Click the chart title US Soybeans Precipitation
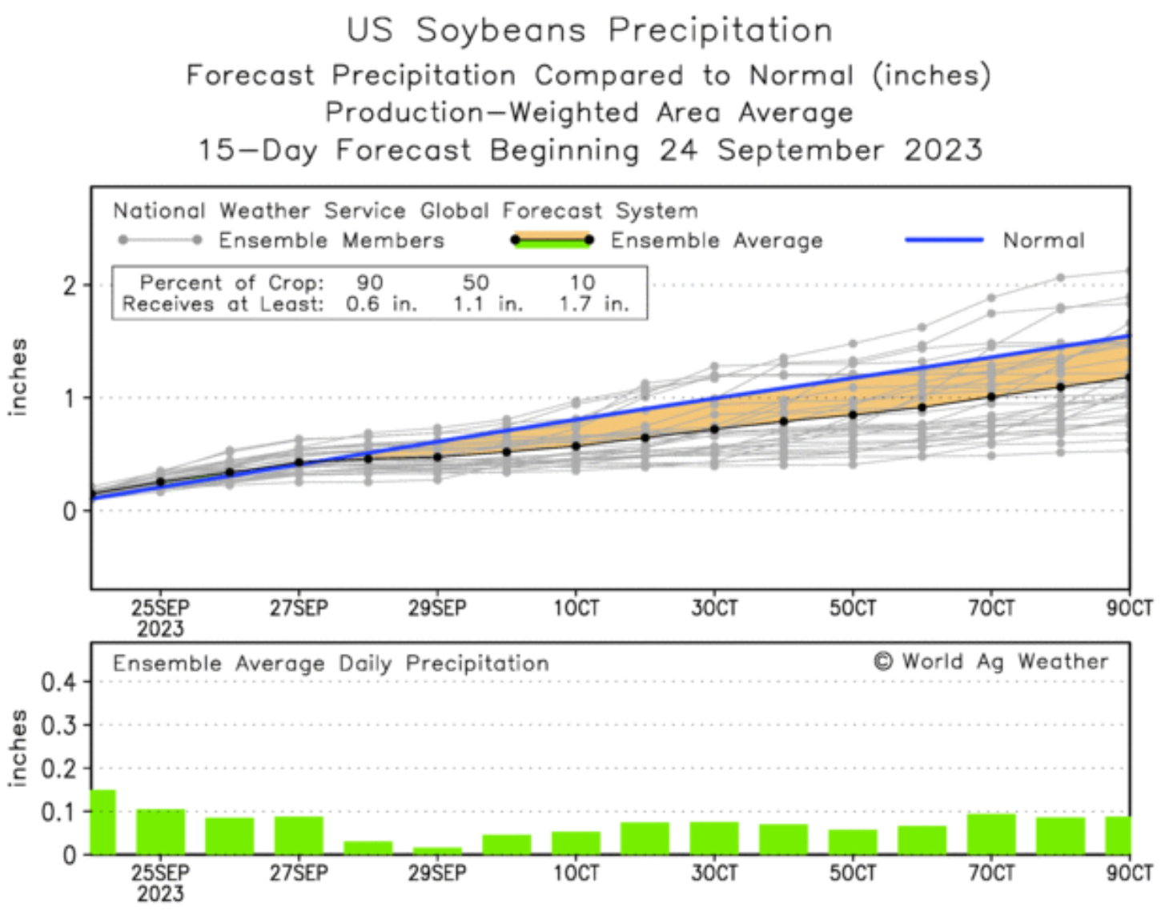click(x=589, y=30)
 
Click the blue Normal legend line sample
click(x=944, y=239)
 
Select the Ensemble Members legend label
click(x=331, y=240)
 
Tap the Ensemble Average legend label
click(x=717, y=240)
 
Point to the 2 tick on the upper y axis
click(x=70, y=286)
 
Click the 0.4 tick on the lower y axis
click(x=58, y=683)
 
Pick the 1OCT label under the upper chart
click(x=576, y=608)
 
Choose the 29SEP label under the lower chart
click(x=437, y=873)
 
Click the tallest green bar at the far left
click(x=102, y=822)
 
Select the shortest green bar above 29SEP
click(x=437, y=850)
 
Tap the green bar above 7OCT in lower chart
click(x=991, y=834)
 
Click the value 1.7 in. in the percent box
click(x=593, y=304)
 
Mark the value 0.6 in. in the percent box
click(x=381, y=304)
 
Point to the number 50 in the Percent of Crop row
click(x=476, y=283)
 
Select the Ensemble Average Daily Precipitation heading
click(x=331, y=664)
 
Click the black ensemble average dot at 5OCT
click(x=853, y=415)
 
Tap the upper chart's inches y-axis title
click(x=18, y=376)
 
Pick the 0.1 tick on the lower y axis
click(x=58, y=813)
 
